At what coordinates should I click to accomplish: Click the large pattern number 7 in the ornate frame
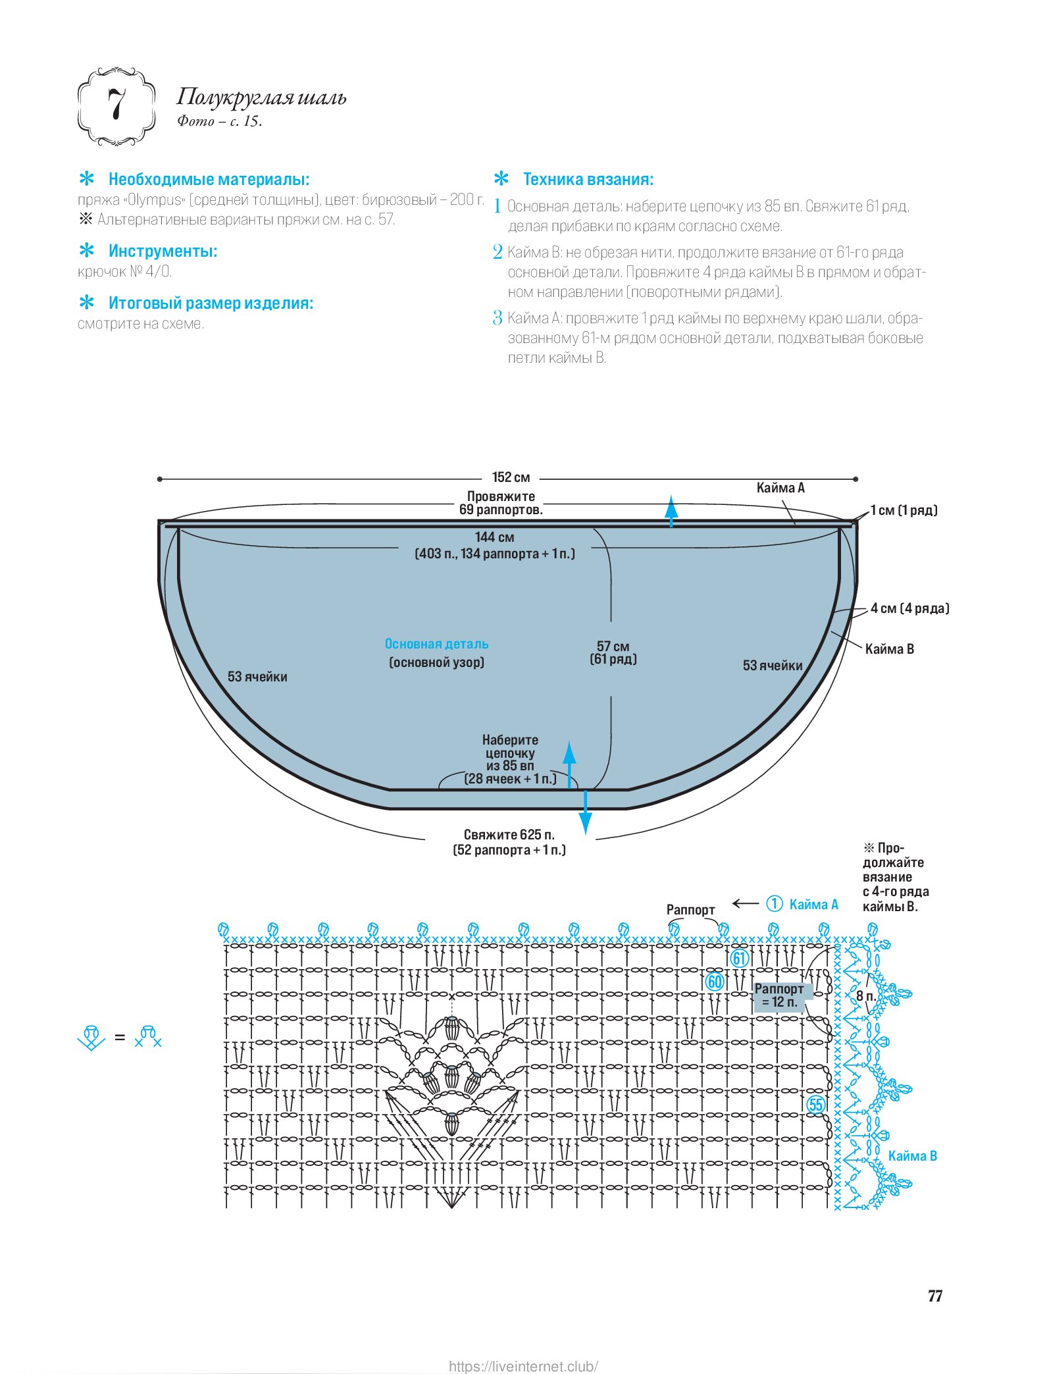pos(117,105)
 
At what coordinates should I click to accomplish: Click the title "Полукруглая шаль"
pos(261,97)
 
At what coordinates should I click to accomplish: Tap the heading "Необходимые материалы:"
pos(209,179)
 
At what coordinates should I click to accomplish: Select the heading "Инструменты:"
pos(163,251)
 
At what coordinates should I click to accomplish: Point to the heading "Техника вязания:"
pos(588,179)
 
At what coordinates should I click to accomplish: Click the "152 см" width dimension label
pos(511,477)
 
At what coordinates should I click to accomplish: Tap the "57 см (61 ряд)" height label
pos(613,652)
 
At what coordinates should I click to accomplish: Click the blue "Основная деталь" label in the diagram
pos(436,644)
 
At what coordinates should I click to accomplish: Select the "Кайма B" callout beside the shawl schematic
pos(889,649)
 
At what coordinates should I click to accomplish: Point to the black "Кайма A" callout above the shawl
pos(780,488)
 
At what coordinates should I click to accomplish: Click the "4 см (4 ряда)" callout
pos(909,608)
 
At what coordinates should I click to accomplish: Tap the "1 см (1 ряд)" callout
pos(904,510)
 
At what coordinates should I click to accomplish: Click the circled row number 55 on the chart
pos(816,1105)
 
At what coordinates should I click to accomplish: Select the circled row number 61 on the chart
pos(739,958)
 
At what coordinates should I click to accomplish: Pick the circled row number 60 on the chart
pos(715,982)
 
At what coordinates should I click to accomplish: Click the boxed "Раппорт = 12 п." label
pos(779,995)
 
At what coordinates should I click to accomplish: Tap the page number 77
pos(934,1296)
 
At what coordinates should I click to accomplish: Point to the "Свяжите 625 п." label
pos(509,835)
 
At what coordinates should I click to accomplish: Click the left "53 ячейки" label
pos(257,677)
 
